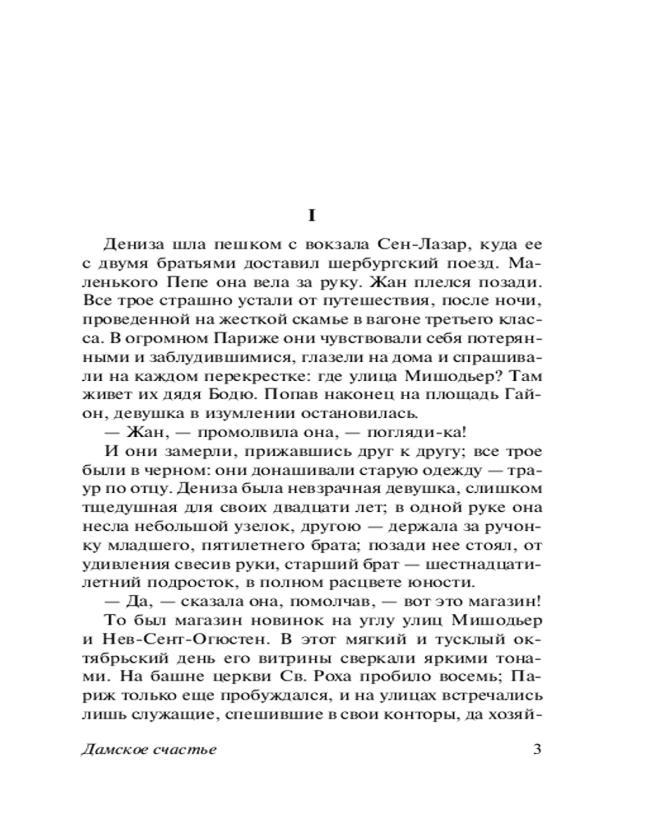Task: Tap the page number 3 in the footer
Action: (x=537, y=750)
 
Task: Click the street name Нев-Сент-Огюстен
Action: (x=174, y=634)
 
